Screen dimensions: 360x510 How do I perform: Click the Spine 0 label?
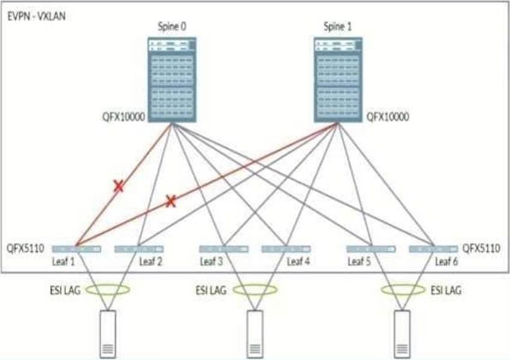tap(171, 26)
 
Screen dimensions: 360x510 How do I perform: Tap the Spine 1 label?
tap(337, 26)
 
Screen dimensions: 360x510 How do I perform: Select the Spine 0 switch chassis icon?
tap(172, 78)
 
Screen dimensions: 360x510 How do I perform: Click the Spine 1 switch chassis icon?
tap(337, 78)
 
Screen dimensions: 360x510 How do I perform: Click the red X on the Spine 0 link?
tap(119, 186)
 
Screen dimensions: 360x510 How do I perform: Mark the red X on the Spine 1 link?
tap(171, 201)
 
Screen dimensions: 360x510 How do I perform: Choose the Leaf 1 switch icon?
tap(76, 248)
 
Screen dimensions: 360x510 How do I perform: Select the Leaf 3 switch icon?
tap(223, 248)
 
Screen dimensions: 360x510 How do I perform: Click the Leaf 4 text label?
tap(297, 261)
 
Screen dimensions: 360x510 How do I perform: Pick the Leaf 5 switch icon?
tap(371, 248)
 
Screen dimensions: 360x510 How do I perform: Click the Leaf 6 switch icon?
tap(433, 248)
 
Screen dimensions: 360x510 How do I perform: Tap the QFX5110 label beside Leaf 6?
tap(483, 248)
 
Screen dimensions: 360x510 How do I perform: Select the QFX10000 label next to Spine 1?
tap(387, 117)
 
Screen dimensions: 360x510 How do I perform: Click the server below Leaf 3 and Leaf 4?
tap(256, 334)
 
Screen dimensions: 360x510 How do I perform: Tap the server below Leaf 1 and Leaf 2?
tap(108, 334)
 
